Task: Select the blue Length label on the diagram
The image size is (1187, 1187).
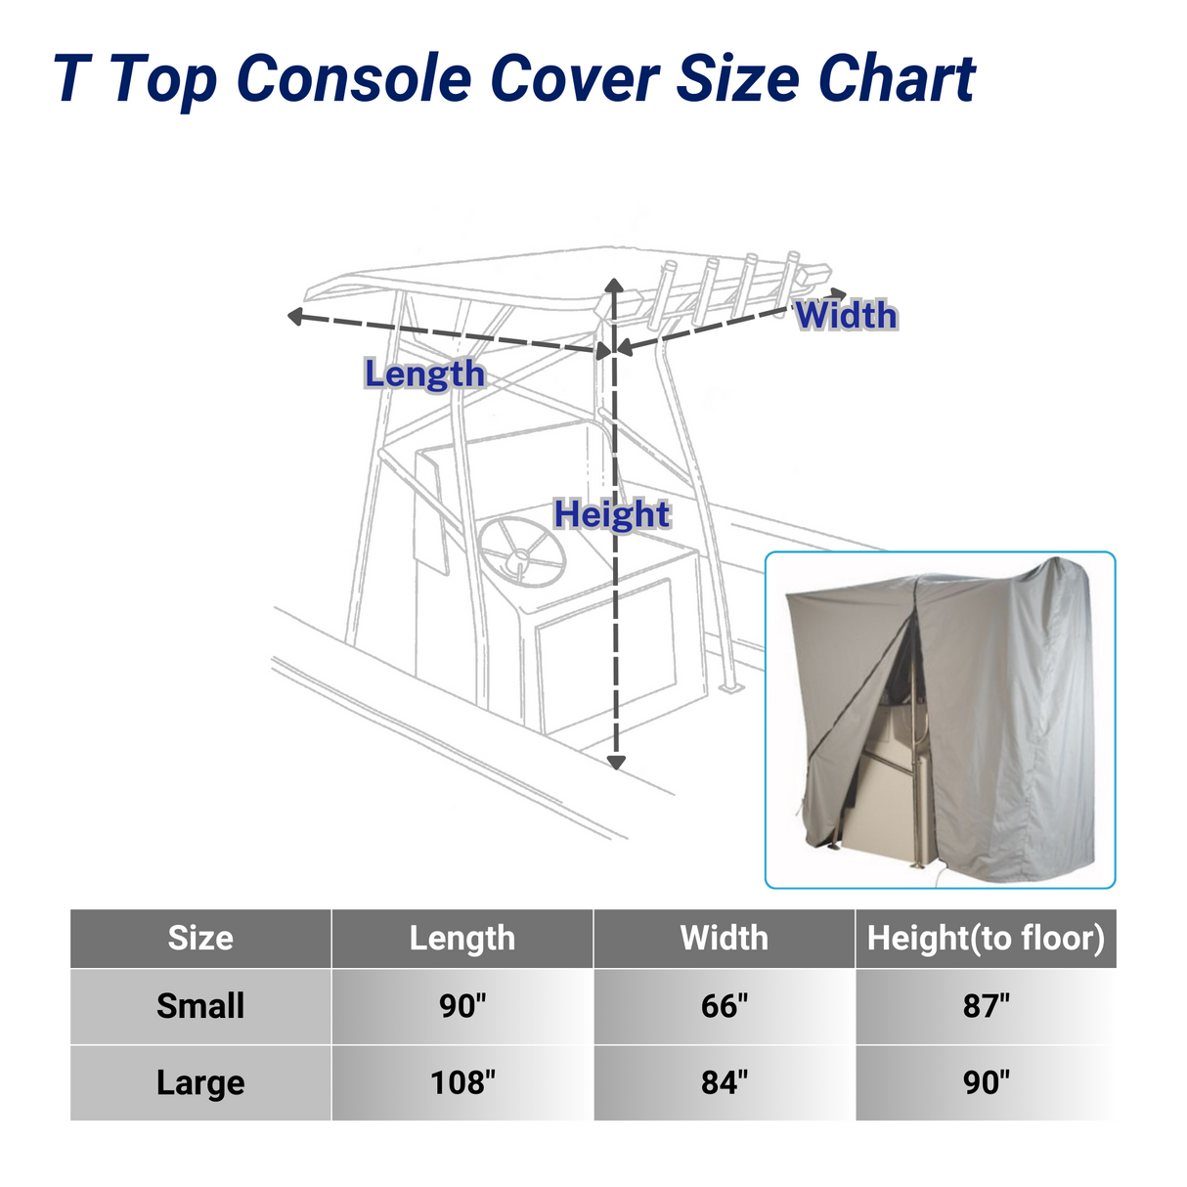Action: click(424, 374)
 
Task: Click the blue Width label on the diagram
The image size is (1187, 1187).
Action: click(846, 316)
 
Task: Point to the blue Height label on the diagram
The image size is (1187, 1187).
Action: click(612, 514)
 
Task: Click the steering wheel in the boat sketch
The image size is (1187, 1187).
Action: click(522, 551)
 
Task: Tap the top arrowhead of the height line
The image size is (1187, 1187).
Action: click(614, 286)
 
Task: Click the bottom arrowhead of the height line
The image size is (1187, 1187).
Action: click(615, 762)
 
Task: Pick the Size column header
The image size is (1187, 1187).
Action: click(200, 939)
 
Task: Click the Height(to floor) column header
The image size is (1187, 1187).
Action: click(986, 939)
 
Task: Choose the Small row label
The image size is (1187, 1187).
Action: click(200, 1006)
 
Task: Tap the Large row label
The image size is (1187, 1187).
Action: click(200, 1083)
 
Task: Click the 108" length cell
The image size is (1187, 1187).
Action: click(462, 1083)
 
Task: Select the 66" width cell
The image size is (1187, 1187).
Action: click(725, 1006)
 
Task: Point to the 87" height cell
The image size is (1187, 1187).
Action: click(986, 1006)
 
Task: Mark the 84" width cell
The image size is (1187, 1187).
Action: click(725, 1083)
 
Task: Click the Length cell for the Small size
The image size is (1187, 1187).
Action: click(462, 1006)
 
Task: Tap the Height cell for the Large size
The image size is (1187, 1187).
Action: click(986, 1083)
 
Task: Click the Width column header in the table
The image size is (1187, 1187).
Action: click(725, 939)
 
